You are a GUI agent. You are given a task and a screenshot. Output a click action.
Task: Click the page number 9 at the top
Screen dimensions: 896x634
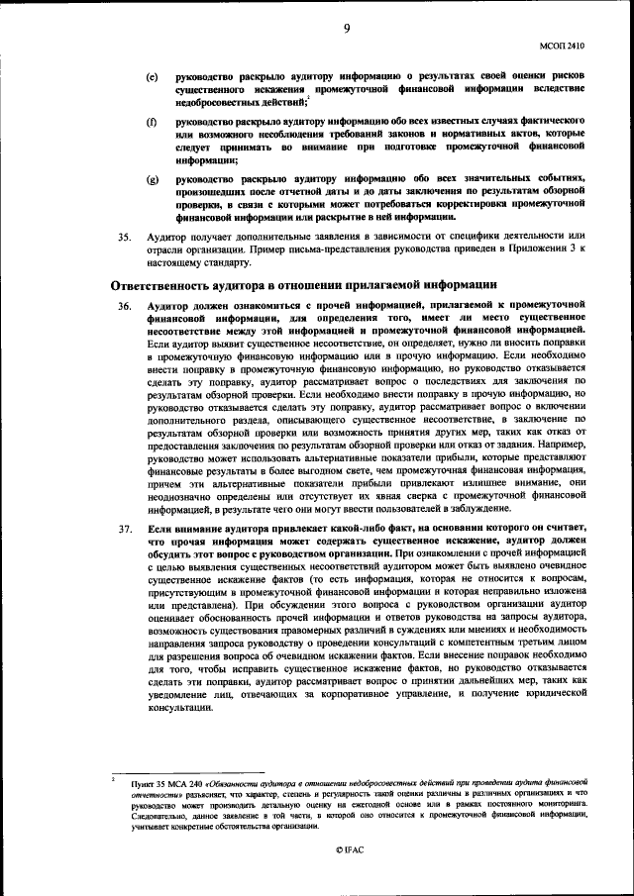coord(347,28)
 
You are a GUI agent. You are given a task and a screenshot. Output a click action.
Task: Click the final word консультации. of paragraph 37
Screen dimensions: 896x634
coord(178,709)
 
